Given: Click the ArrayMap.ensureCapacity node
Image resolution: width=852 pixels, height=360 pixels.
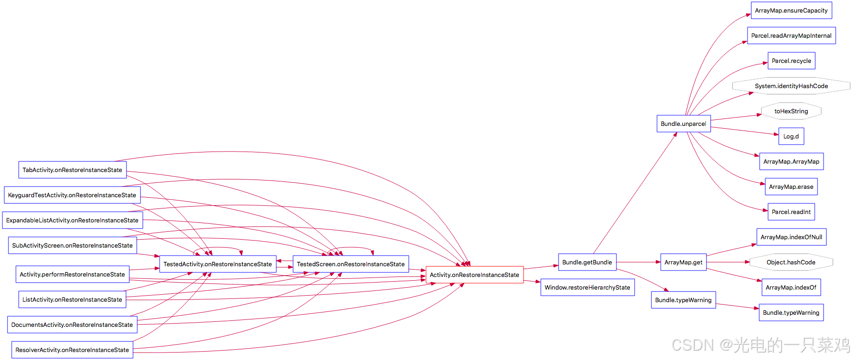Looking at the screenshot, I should point(791,10).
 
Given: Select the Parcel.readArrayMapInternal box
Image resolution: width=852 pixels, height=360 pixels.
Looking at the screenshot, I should point(791,35).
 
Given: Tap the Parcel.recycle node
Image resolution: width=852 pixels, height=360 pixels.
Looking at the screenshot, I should point(791,61).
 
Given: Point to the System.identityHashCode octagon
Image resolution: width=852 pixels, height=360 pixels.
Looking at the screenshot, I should point(791,86).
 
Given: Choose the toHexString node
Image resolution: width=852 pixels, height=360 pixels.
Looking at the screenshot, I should point(791,111).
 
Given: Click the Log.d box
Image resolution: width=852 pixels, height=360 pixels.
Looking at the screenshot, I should point(791,136).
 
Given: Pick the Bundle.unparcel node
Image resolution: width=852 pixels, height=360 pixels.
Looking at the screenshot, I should point(683,124).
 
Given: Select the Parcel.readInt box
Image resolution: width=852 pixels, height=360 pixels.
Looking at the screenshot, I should point(791,212).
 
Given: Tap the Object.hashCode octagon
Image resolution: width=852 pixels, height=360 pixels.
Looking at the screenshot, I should point(791,262).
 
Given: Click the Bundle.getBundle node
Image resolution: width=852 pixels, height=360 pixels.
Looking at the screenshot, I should point(587,262).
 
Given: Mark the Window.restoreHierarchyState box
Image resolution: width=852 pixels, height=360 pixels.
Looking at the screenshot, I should point(587,287).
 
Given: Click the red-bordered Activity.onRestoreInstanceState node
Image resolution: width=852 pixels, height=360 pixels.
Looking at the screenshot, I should point(474,275).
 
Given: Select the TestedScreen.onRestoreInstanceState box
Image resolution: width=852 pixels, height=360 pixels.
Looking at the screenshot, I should point(350,264).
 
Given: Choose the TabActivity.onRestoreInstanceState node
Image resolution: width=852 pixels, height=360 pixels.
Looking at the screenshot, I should point(72,170).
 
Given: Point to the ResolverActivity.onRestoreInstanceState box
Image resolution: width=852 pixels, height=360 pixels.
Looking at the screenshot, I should point(72,350).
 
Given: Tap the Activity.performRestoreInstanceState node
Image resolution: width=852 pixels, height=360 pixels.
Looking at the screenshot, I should point(72,274).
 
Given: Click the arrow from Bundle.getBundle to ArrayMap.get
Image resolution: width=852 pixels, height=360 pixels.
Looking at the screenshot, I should point(638,262).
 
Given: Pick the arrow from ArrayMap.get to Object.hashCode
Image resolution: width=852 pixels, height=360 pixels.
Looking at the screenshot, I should point(728,262).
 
